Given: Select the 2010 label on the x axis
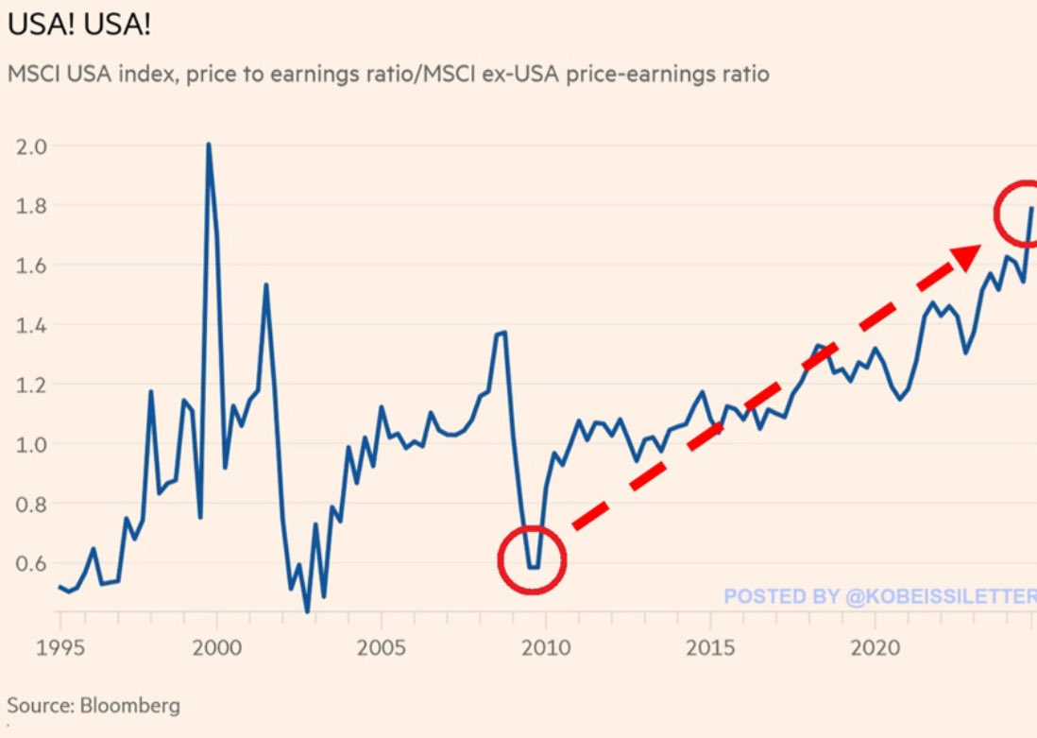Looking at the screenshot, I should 546,649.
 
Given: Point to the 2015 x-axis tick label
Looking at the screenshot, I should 710,649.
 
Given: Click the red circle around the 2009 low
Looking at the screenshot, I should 532,559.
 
